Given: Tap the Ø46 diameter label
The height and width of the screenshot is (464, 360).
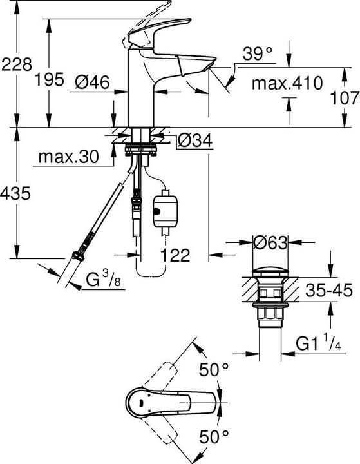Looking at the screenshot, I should click(91, 81).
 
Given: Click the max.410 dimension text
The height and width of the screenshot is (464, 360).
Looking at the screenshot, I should click(286, 82).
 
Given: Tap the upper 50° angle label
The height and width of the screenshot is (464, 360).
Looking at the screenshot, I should click(214, 371).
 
